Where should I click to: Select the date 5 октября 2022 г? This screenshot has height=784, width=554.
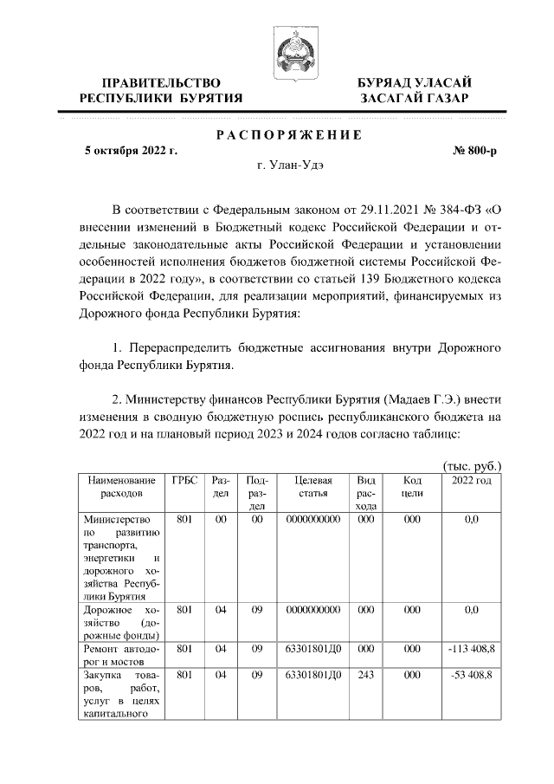click(x=131, y=150)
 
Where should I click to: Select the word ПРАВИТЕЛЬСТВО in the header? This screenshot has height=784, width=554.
click(x=160, y=82)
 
